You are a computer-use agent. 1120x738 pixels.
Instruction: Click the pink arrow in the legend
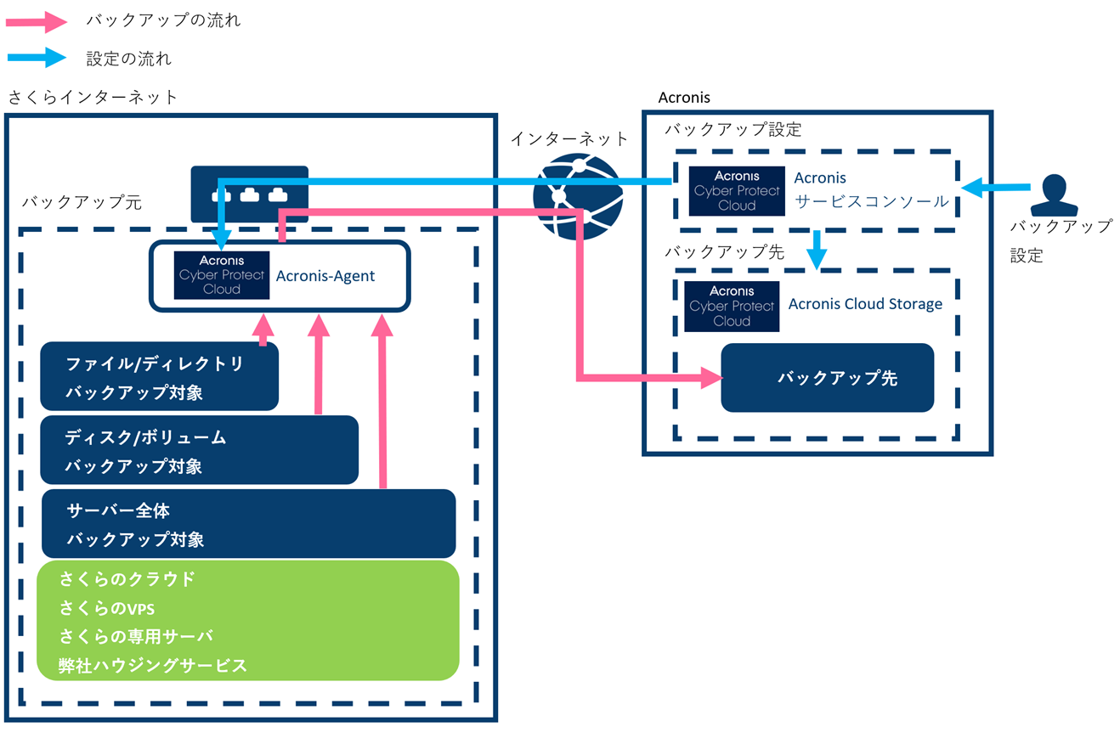pos(37,21)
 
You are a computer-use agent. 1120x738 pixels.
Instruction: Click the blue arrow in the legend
pos(37,58)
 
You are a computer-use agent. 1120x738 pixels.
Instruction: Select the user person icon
pos(1054,196)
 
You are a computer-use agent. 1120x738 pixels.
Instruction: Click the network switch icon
pos(249,194)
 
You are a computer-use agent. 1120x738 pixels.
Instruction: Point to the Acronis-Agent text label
pos(325,276)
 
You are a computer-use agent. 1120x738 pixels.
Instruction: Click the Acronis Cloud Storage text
pos(865,304)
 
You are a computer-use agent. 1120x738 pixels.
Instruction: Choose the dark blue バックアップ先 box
pos(827,378)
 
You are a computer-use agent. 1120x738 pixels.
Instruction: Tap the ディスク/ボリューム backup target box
pos(199,451)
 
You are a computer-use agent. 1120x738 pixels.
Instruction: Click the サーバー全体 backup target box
pos(248,524)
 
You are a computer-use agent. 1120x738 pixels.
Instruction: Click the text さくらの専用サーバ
pos(136,636)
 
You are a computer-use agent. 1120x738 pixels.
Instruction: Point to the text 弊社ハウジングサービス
pos(153,665)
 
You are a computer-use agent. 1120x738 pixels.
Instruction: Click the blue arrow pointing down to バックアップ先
pos(817,249)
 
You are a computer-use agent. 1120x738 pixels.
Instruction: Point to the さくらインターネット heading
pos(93,97)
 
